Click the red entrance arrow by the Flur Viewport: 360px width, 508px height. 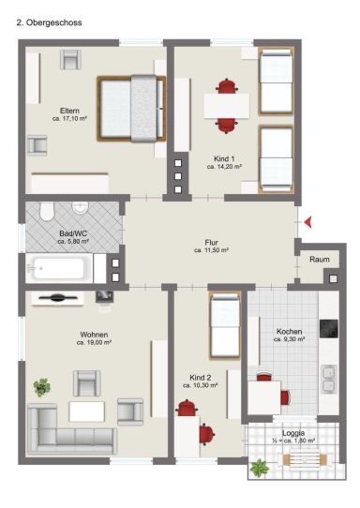(x=308, y=222)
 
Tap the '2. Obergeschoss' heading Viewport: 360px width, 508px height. (x=49, y=22)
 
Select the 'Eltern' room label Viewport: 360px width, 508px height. (x=69, y=111)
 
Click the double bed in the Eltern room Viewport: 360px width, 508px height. (x=131, y=109)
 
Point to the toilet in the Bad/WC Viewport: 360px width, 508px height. (x=47, y=211)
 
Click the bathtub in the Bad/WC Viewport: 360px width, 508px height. (x=59, y=268)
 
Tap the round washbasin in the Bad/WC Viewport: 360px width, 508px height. (x=80, y=208)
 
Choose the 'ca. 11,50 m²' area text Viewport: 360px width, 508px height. (x=212, y=250)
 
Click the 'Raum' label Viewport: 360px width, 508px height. (x=320, y=260)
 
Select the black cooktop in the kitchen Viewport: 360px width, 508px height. (x=329, y=329)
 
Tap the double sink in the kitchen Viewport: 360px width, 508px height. (x=329, y=380)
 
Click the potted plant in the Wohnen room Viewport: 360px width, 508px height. (x=42, y=387)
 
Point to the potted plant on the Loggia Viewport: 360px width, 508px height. (x=260, y=468)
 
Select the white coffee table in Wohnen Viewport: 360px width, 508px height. (x=87, y=411)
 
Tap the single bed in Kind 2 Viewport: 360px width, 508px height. (x=225, y=325)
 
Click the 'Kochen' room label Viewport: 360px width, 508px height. (x=290, y=332)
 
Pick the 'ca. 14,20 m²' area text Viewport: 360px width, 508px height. (x=225, y=167)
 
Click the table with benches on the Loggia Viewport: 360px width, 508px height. (x=305, y=459)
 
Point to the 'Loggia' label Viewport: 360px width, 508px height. (x=293, y=433)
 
